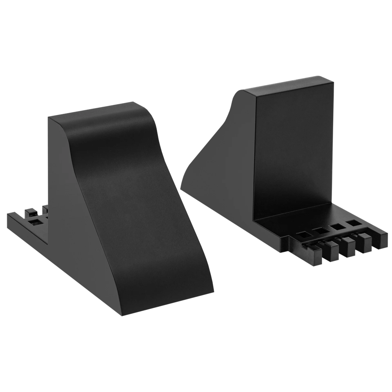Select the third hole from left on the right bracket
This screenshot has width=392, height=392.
[x=336, y=227]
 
